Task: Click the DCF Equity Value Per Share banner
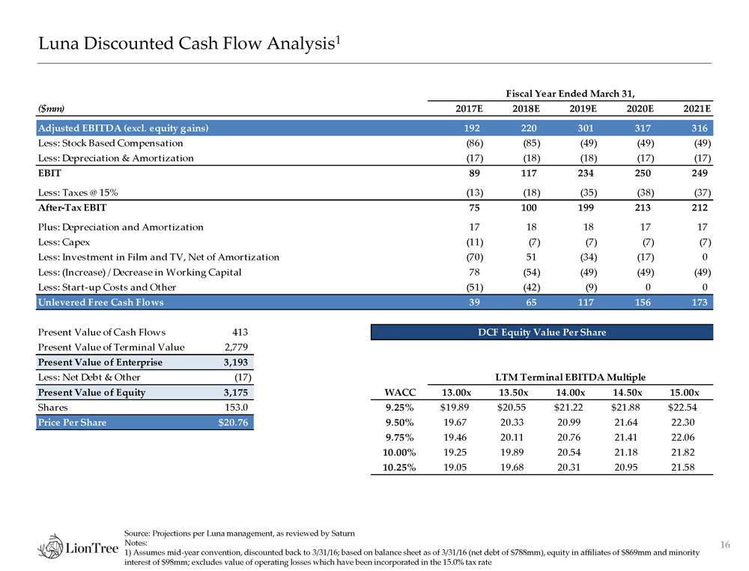(542, 332)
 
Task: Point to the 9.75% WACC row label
(400, 438)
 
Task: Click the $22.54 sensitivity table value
(683, 408)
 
